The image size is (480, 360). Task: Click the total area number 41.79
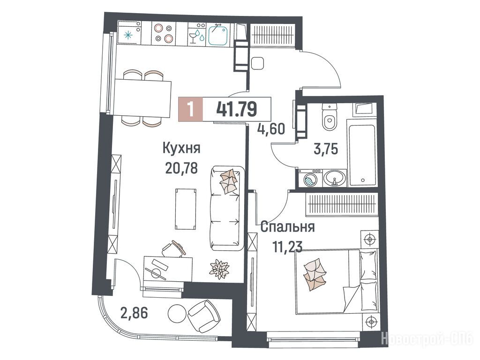point(236,109)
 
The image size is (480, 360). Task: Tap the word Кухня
point(181,148)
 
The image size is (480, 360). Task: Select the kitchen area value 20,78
point(181,168)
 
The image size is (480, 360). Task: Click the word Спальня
point(288,227)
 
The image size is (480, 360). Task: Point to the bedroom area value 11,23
point(287,247)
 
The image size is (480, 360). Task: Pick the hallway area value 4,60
point(271,129)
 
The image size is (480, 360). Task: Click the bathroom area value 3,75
point(326,149)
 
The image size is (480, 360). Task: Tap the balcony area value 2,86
point(134,313)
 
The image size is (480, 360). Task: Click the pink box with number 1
point(190,109)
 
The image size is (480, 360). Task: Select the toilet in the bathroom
point(330,117)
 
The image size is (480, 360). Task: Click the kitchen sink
point(218,34)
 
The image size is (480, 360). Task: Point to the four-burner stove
point(163,33)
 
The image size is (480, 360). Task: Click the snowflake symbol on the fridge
point(128,35)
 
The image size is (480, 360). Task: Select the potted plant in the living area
point(219,269)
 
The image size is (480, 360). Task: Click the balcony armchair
point(204,316)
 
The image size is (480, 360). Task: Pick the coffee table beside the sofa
point(185,209)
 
